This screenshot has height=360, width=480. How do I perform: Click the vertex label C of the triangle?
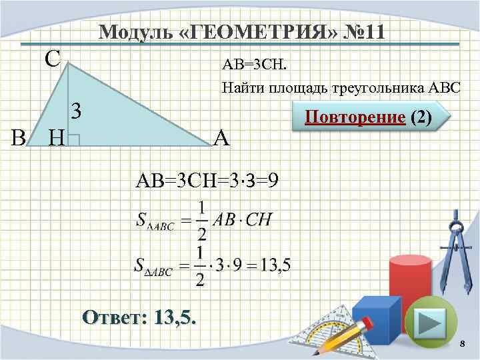(53, 59)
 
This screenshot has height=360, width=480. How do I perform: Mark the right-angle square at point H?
(74, 139)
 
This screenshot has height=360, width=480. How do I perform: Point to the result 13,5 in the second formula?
(275, 266)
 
